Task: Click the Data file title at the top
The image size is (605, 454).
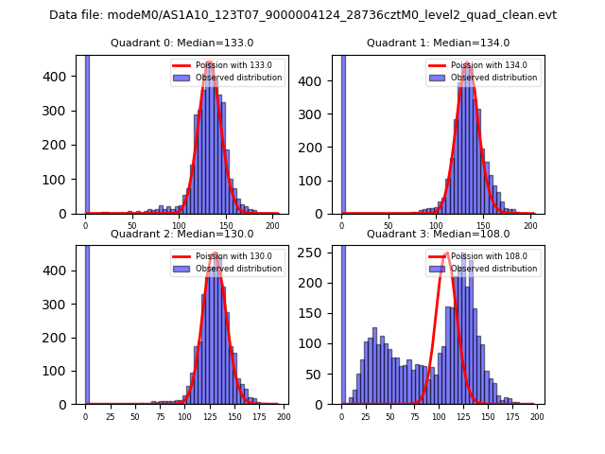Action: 302,15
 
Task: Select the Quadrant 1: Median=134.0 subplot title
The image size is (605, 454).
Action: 438,43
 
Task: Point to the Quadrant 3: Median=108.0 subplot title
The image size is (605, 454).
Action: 438,234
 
